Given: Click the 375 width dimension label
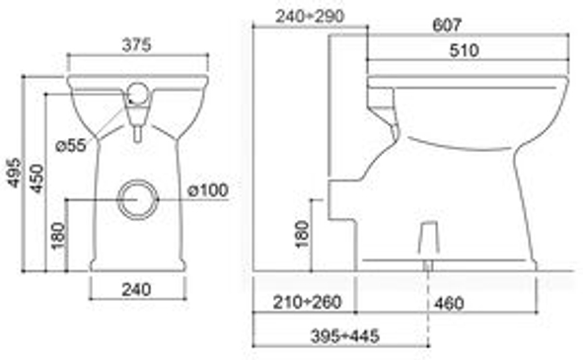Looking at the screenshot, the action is [x=136, y=45].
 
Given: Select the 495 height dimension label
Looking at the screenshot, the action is [x=15, y=173].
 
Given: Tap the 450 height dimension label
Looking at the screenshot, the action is [x=36, y=179].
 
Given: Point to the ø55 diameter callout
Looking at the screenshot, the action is [x=71, y=145].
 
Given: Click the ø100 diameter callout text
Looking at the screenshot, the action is [x=208, y=190].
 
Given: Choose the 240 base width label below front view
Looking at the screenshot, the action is [x=136, y=289].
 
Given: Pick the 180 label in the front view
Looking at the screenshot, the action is [x=58, y=236].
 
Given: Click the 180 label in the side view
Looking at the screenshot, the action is [x=302, y=234].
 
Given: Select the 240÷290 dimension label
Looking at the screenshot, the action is [x=310, y=16].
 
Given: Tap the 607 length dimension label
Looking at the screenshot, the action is [x=447, y=25].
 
